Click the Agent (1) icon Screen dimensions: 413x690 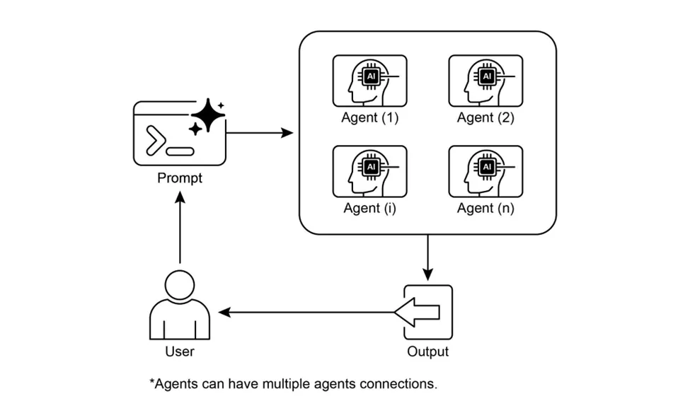(369, 81)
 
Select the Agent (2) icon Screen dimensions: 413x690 (485, 81)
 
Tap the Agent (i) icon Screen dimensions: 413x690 (369, 171)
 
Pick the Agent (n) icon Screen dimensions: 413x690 (485, 171)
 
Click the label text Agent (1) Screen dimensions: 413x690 (370, 117)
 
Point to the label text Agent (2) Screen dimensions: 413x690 (485, 117)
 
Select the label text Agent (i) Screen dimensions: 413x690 (370, 208)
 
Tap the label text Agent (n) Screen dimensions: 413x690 (485, 208)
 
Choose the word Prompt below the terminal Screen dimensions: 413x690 (180, 178)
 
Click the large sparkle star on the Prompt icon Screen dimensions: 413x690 (209, 115)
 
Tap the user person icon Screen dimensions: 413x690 (180, 306)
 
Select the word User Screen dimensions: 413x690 (180, 351)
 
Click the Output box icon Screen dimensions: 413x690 (427, 312)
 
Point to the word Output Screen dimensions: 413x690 (427, 351)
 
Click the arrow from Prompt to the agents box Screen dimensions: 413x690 (259, 132)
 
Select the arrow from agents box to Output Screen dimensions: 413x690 (427, 258)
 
